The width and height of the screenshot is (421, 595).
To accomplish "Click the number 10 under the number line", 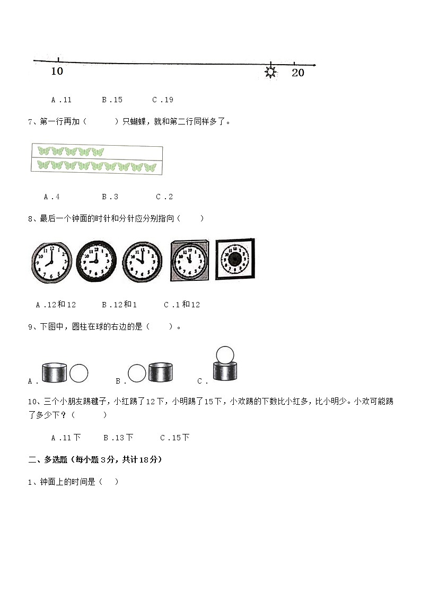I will (x=57, y=71).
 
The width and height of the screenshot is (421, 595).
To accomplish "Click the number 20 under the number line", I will (x=298, y=73).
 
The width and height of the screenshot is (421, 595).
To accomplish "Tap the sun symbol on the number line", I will (x=270, y=72).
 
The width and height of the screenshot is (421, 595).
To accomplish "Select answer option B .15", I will (x=112, y=100).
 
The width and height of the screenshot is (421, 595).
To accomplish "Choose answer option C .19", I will (x=162, y=100).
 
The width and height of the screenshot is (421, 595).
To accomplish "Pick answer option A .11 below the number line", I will (x=61, y=100).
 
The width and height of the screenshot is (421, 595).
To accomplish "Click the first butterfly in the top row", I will (x=43, y=152).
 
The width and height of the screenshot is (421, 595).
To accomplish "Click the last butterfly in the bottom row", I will (x=150, y=167).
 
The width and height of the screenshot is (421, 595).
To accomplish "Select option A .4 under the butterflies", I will (x=51, y=197).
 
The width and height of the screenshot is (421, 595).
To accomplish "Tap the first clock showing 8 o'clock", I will (x=51, y=262).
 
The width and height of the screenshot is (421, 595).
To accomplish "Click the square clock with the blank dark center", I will (x=234, y=260).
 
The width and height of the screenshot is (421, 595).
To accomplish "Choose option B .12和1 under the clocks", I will (x=119, y=305).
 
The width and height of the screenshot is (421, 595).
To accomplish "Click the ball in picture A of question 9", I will (x=79, y=373).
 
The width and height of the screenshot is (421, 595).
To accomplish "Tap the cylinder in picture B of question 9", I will (x=161, y=372).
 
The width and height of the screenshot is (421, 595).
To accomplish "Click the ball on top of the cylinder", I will (x=225, y=354).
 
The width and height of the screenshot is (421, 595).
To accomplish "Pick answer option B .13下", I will (x=118, y=438).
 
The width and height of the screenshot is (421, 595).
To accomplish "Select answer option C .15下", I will (x=174, y=438).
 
